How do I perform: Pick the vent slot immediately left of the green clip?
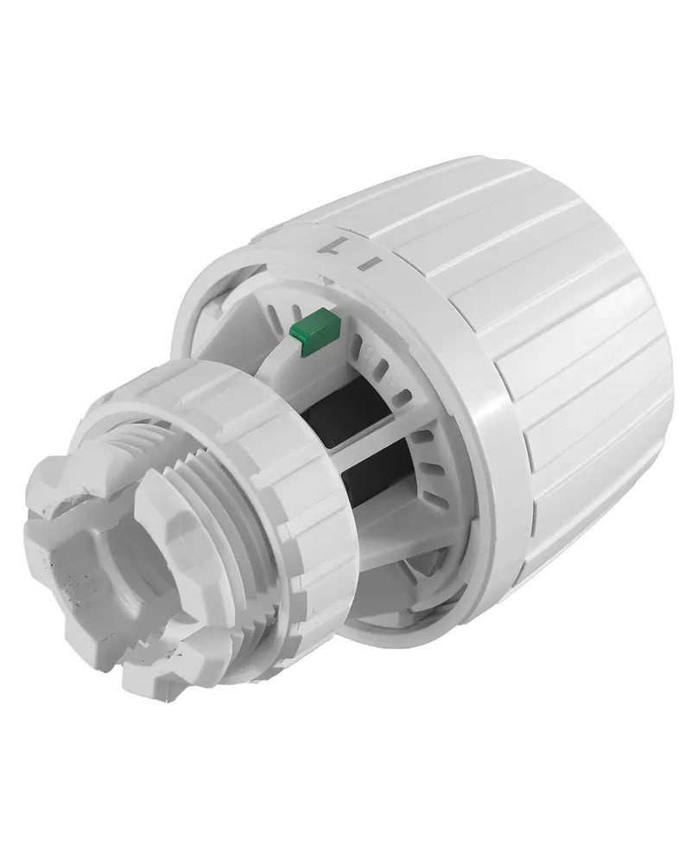point(281,314)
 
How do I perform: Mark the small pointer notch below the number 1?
point(329,278)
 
